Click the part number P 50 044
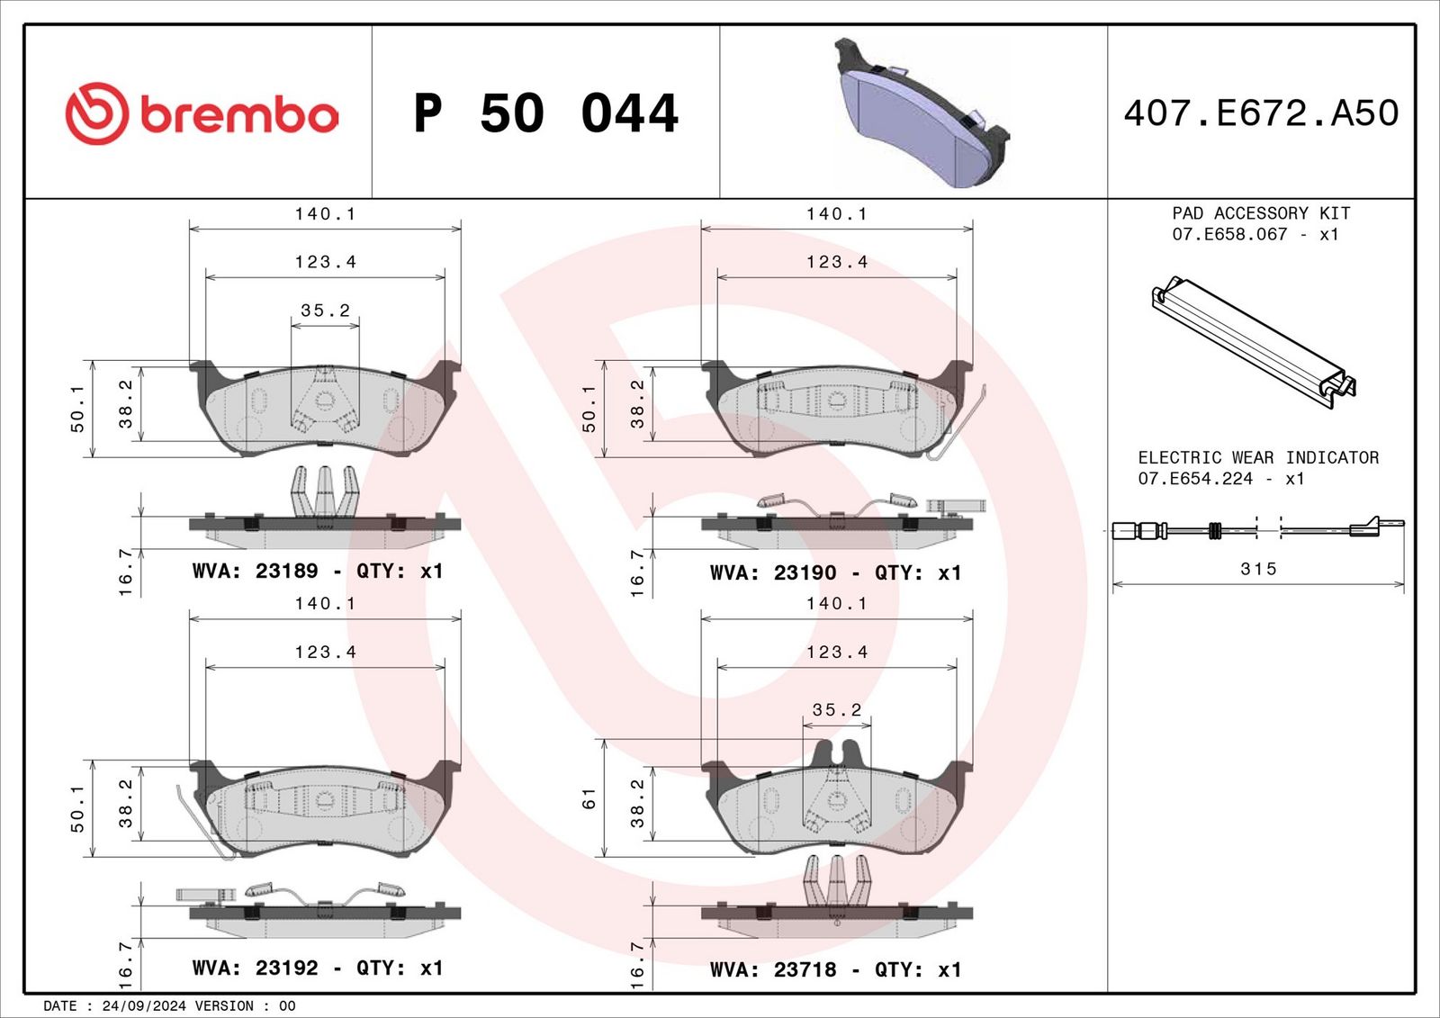click(x=545, y=113)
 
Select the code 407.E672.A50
click(x=1261, y=113)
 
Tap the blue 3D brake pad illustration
click(x=921, y=112)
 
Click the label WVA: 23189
click(x=255, y=571)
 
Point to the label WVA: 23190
click(x=773, y=572)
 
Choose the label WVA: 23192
click(x=255, y=968)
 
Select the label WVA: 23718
click(x=773, y=969)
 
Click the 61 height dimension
click(x=589, y=798)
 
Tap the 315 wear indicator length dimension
click(x=1258, y=569)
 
